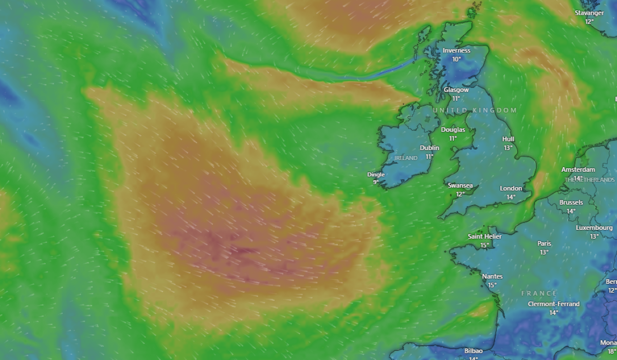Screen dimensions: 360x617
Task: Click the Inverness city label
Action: [x=457, y=50]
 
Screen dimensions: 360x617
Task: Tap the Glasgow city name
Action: [x=456, y=90]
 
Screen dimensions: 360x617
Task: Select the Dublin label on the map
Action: [x=429, y=148]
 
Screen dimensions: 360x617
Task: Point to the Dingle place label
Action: [x=376, y=174]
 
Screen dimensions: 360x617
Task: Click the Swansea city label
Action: [x=460, y=186]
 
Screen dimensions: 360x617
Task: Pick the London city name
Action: [x=511, y=189]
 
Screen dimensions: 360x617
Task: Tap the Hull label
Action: [x=509, y=139]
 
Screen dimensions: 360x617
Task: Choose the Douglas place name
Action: [x=453, y=130]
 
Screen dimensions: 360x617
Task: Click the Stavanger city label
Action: [x=589, y=13]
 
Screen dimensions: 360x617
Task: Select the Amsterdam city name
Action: [x=578, y=170]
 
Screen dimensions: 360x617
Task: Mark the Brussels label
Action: [x=571, y=203]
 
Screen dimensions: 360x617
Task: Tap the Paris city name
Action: [x=544, y=244]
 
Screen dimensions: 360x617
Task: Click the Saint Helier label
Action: [x=484, y=237]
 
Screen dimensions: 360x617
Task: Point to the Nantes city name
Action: [x=492, y=277]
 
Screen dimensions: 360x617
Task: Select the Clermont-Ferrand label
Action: [x=554, y=304]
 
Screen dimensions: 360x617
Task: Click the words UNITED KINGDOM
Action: [x=475, y=111]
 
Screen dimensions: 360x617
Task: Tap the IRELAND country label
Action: [x=406, y=158]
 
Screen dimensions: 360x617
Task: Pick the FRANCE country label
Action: [x=539, y=294]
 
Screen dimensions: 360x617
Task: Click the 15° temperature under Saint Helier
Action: [x=484, y=245]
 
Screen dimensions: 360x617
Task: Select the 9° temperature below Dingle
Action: [x=376, y=182]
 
